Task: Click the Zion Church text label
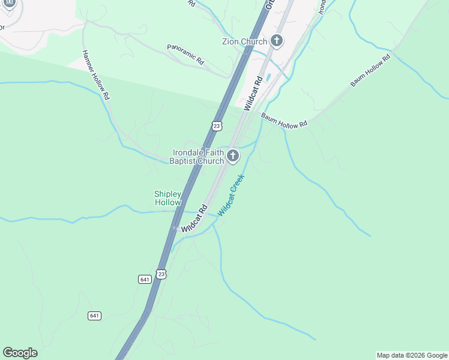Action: (244, 41)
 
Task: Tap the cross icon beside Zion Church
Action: (277, 41)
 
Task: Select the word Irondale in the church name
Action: (189, 152)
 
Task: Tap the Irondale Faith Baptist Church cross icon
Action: (233, 157)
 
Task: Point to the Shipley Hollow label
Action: (167, 198)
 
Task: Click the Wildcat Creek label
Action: (231, 195)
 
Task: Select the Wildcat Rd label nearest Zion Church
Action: (253, 92)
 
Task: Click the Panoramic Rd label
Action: (185, 53)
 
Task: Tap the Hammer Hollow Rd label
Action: (96, 74)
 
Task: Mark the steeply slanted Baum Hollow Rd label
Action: (370, 70)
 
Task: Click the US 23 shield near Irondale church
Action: (217, 125)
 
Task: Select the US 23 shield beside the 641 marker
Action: (161, 274)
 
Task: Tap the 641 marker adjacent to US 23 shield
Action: (144, 279)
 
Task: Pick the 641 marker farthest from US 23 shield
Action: (94, 316)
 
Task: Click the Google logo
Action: (20, 353)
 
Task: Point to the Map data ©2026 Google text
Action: (412, 355)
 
